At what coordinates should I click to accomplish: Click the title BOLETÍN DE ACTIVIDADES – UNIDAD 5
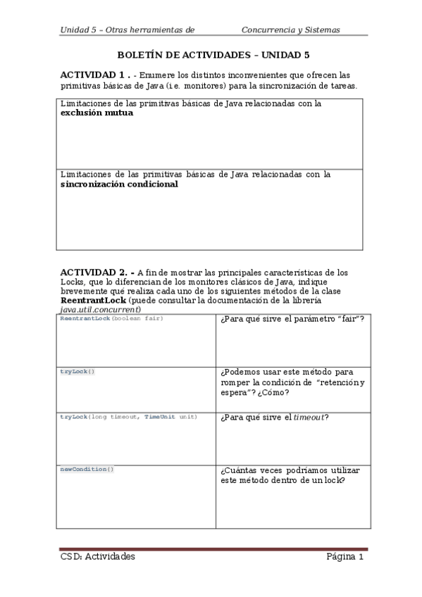(x=212, y=54)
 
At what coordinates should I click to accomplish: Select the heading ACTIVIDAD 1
(x=93, y=75)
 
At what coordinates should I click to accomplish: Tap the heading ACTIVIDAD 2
(x=93, y=272)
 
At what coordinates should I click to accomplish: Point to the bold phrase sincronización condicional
(x=119, y=184)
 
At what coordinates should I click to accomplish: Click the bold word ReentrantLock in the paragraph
(x=88, y=299)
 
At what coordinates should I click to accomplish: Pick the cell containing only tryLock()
(x=77, y=370)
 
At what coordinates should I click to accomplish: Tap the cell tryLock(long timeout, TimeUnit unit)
(x=128, y=417)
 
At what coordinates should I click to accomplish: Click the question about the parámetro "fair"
(x=292, y=320)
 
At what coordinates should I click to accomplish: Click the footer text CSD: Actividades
(x=97, y=557)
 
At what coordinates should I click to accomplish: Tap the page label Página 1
(x=345, y=557)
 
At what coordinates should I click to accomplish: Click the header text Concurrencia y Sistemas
(x=290, y=30)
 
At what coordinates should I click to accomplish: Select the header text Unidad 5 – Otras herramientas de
(x=127, y=30)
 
